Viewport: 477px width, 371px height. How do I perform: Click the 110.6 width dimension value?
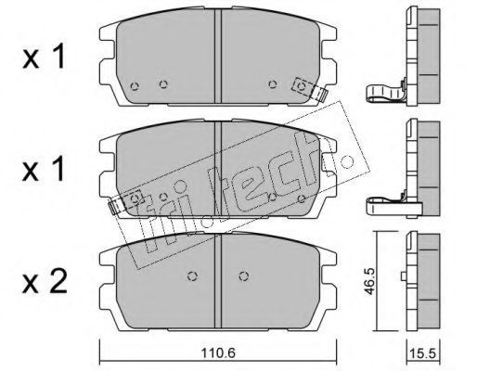coord(218,352)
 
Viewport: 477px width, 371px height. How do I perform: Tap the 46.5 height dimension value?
coord(369,281)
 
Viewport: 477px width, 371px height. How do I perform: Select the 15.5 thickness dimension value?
coord(422,353)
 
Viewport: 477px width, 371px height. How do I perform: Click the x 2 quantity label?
coord(45,281)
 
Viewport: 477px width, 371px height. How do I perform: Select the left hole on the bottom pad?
coord(193,275)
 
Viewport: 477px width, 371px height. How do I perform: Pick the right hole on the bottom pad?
coord(244,275)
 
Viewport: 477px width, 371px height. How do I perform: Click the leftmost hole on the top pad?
coord(135,86)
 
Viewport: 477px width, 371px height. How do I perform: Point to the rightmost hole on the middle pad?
coord(302,198)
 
